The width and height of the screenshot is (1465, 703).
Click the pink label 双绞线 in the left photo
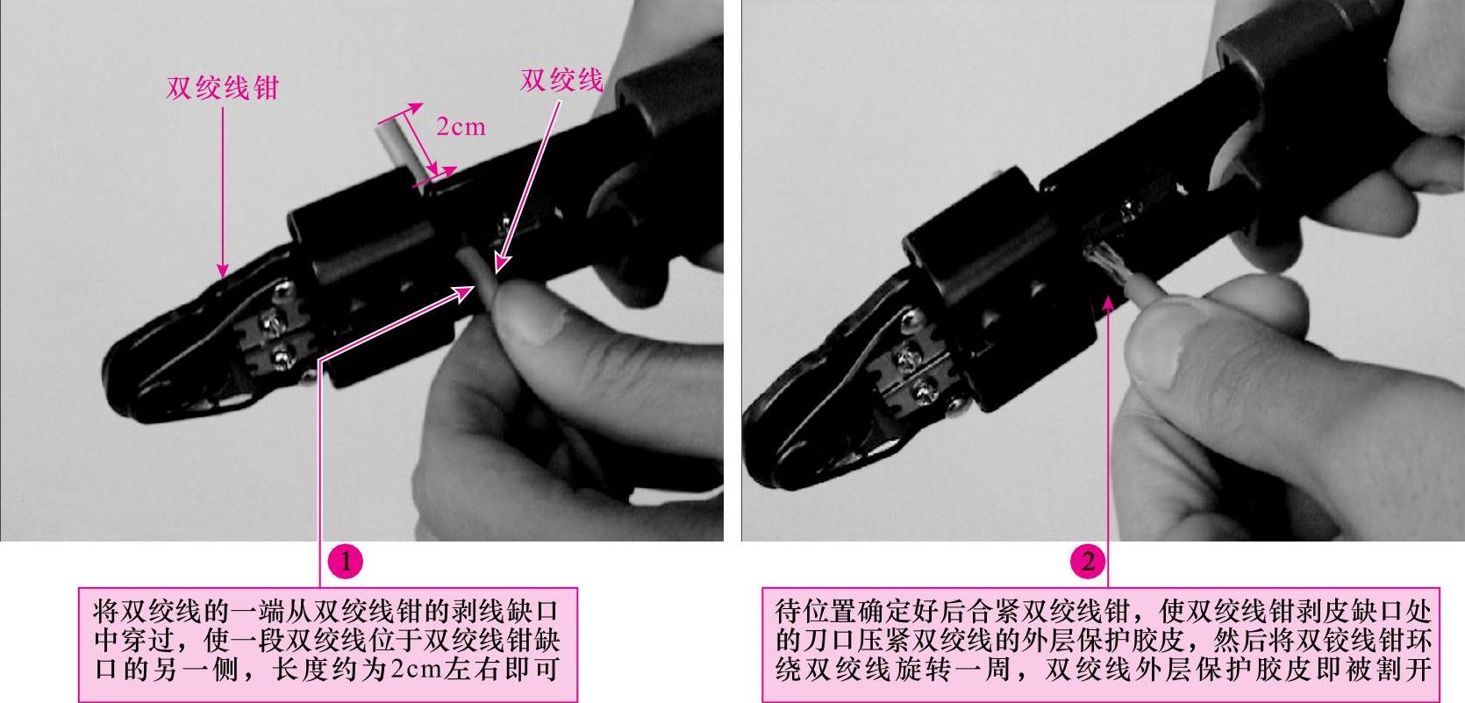click(561, 81)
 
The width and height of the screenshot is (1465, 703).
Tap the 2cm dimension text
click(461, 126)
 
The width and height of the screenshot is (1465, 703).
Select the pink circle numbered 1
click(345, 561)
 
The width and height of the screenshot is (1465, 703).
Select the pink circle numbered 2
click(1087, 561)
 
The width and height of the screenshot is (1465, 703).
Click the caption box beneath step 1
click(328, 644)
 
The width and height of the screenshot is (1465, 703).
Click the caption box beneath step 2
click(1101, 644)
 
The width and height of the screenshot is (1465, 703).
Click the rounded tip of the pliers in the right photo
click(759, 432)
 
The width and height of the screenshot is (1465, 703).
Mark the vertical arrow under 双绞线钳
click(222, 192)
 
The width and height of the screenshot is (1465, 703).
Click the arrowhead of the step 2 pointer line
click(1108, 304)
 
